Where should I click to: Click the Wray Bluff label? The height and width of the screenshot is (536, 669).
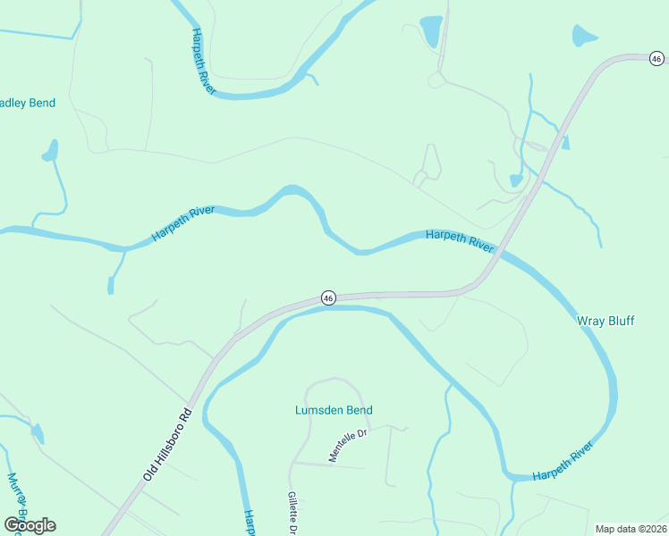tap(605, 321)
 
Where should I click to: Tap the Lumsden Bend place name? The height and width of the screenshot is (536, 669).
tap(334, 410)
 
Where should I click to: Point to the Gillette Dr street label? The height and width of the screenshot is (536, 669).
tap(292, 513)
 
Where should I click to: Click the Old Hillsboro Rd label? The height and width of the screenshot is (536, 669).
tap(168, 446)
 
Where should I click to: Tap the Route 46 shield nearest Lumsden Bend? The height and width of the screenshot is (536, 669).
tap(328, 297)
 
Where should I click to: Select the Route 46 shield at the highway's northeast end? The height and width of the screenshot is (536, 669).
tap(656, 59)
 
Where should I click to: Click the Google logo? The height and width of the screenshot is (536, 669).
tap(30, 524)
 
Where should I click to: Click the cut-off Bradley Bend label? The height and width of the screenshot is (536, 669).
tap(27, 103)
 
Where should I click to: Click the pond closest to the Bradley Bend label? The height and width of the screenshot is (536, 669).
tap(50, 151)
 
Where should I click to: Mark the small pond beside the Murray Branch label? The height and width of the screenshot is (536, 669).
tap(38, 433)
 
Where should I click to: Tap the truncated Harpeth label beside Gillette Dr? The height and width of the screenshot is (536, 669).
tap(250, 522)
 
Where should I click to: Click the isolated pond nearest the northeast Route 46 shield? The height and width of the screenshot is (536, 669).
tap(583, 37)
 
